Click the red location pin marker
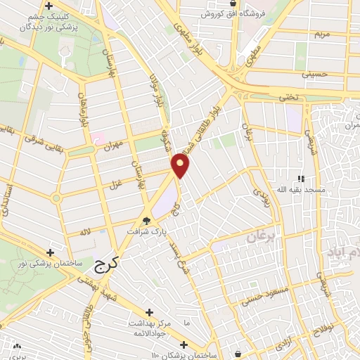[181, 165]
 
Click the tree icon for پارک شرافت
[146, 220]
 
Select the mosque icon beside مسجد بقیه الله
[302, 179]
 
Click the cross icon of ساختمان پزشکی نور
[50, 252]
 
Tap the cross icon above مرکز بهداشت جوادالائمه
[148, 312]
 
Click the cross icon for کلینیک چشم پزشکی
[47, 7]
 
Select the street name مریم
[321, 33]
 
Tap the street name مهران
[112, 144]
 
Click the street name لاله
[85, 231]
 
